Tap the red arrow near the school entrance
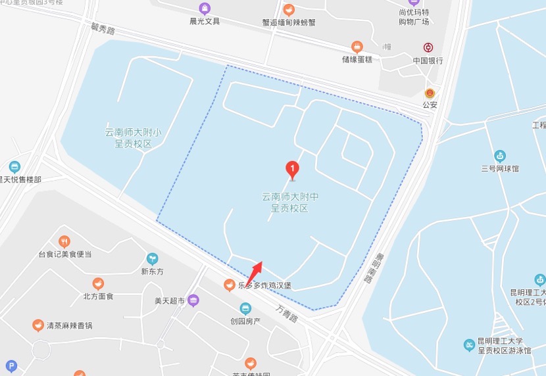click(255, 270)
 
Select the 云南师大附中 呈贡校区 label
click(290, 202)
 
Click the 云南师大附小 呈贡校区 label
click(134, 137)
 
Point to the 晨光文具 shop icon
click(205, 9)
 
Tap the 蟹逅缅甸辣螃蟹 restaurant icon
click(289, 10)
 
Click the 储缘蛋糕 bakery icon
click(357, 47)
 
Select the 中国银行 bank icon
click(428, 48)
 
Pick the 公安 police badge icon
click(430, 93)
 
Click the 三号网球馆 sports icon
click(500, 156)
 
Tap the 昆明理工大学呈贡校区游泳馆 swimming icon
click(469, 345)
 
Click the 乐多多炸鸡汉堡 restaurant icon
click(229, 285)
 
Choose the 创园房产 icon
click(245, 308)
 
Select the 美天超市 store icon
click(193, 301)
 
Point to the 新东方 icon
click(153, 258)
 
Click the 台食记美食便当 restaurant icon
click(64, 241)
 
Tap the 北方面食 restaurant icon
click(98, 283)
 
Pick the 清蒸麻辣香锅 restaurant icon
click(38, 325)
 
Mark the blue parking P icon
click(11, 366)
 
